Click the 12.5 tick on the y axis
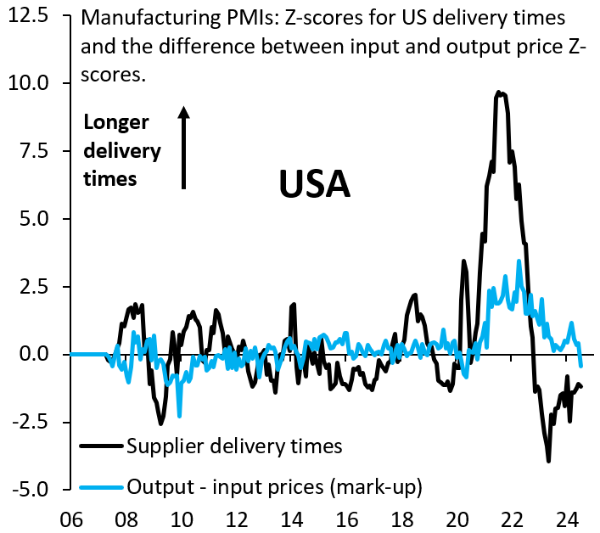tap(31, 16)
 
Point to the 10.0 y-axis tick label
tap(31, 83)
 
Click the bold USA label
tap(315, 184)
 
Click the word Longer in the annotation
tap(116, 122)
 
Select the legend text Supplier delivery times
tap(233, 445)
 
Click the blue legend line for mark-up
tap(102, 487)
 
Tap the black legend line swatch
tap(102, 445)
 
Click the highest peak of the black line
tap(501, 93)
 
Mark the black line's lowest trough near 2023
tap(549, 461)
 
